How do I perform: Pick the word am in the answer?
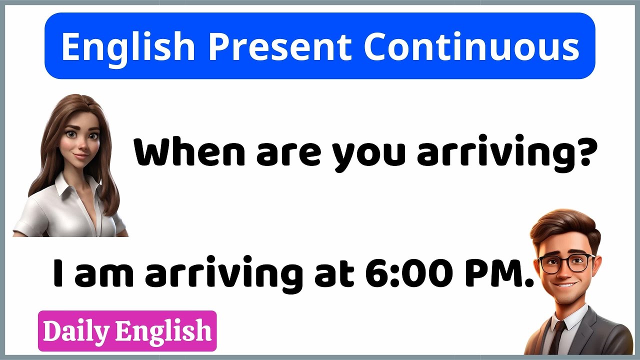click(x=103, y=274)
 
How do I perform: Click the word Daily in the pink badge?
click(x=76, y=331)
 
